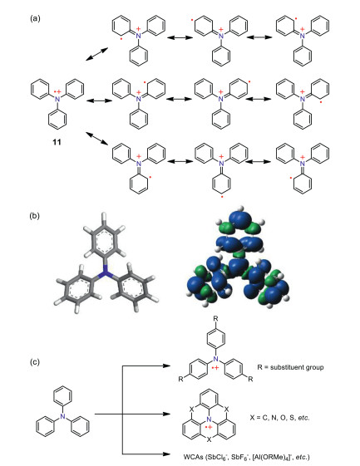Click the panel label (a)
click(35, 19)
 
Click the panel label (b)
click(34, 215)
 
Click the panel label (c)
click(35, 362)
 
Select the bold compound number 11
click(57, 142)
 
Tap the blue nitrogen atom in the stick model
click(104, 272)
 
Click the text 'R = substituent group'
click(290, 367)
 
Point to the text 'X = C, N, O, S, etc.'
click(279, 418)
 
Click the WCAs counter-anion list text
click(246, 457)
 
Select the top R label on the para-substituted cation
click(215, 319)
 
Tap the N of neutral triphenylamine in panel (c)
click(62, 416)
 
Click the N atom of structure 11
click(57, 99)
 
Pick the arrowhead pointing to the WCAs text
click(166, 454)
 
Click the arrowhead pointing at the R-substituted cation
click(166, 365)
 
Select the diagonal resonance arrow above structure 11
click(96, 54)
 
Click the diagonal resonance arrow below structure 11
click(96, 139)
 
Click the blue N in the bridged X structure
click(210, 419)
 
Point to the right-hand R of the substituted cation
click(250, 380)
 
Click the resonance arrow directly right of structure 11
click(100, 101)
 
